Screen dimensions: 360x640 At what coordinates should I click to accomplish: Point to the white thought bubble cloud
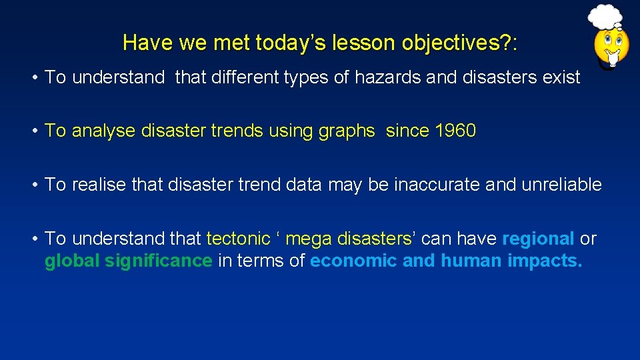click(x=605, y=17)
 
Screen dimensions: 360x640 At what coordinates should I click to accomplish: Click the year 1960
click(x=455, y=131)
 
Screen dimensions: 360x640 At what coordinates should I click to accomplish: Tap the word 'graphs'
click(x=347, y=131)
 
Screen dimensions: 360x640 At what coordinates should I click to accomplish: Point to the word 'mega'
click(x=309, y=239)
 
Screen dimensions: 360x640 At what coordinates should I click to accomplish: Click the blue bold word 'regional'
click(x=538, y=239)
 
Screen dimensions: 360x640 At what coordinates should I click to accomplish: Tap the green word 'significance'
click(x=159, y=261)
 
